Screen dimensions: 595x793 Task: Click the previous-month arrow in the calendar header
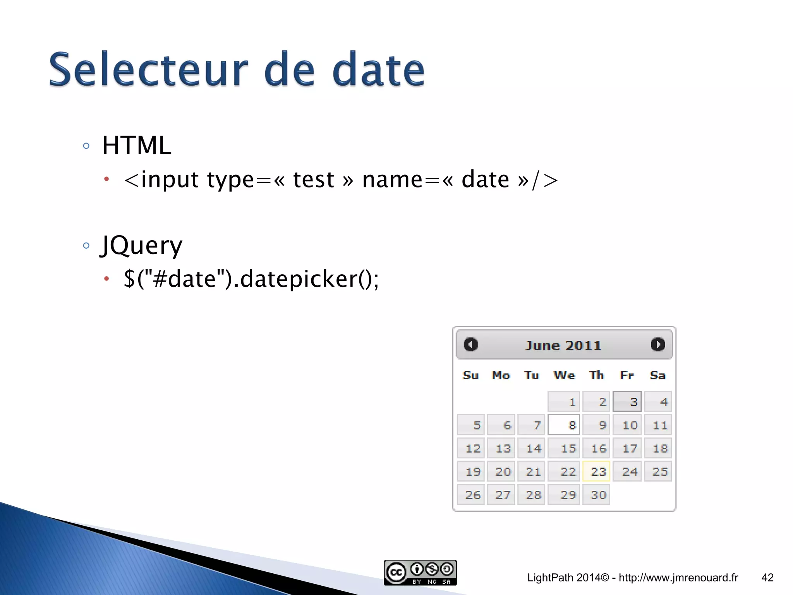470,344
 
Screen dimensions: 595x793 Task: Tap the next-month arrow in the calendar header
657,344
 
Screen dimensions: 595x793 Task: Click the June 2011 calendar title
563,346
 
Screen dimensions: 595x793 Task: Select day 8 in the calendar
564,425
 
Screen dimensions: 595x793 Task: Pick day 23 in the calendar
596,471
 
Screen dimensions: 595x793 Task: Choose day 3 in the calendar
627,402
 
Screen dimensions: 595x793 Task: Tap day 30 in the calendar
596,495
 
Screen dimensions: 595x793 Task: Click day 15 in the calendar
564,448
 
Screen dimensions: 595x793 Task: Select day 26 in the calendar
471,495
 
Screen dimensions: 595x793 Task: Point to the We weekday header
564,375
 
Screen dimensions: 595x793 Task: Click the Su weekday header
470,375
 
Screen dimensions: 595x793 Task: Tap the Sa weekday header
657,375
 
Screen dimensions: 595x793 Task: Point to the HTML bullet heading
136,146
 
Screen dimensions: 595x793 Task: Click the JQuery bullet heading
142,246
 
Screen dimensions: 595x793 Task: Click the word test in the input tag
314,180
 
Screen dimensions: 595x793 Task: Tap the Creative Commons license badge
420,572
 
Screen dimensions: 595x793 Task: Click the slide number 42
767,578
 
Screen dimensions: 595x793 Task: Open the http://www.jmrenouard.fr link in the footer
678,578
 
